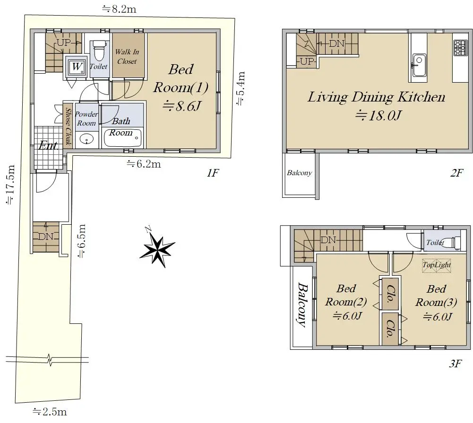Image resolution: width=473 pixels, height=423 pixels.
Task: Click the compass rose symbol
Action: coord(157,247)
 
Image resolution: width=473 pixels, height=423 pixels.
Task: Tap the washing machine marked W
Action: coord(76,67)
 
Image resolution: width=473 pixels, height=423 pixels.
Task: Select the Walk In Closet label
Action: coord(127,56)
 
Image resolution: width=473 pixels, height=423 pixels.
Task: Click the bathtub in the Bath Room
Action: coord(122,138)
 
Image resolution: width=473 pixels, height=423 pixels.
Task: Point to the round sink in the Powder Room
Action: coord(87,140)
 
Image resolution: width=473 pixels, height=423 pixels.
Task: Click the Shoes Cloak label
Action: coord(68,127)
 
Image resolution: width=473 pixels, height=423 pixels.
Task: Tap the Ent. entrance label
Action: coord(48,146)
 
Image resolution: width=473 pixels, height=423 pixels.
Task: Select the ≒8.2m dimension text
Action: coord(119,9)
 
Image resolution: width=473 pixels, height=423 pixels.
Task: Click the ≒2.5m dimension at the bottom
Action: coord(50,411)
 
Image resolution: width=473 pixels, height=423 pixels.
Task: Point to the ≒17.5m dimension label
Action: coord(10,185)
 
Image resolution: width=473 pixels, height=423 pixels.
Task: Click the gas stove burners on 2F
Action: coord(460,48)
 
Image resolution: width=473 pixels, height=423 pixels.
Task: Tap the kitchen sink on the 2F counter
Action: coord(419,65)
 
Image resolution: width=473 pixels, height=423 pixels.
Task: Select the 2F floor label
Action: coord(456,173)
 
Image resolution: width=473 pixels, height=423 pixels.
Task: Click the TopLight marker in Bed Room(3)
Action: coord(437,265)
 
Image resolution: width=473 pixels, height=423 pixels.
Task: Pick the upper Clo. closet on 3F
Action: coord(390,294)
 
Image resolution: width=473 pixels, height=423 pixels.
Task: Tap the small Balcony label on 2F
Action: coord(299,173)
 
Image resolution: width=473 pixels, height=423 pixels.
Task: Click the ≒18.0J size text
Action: coord(378,115)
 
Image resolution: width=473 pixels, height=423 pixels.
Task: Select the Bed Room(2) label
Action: coord(346,302)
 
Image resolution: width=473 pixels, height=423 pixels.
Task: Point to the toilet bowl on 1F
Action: coord(99,51)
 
